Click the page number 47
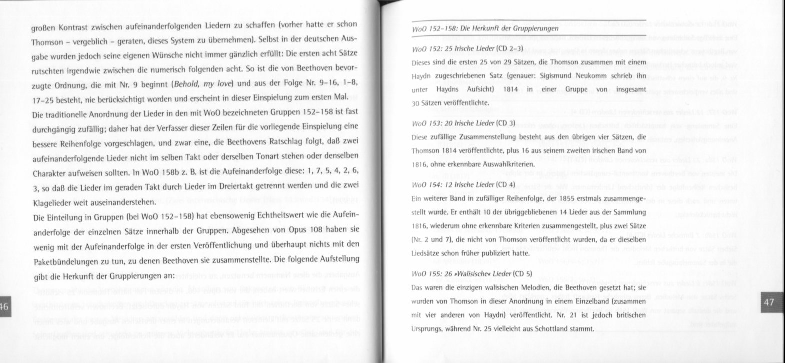(769, 303)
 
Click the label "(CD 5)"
(522, 273)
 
